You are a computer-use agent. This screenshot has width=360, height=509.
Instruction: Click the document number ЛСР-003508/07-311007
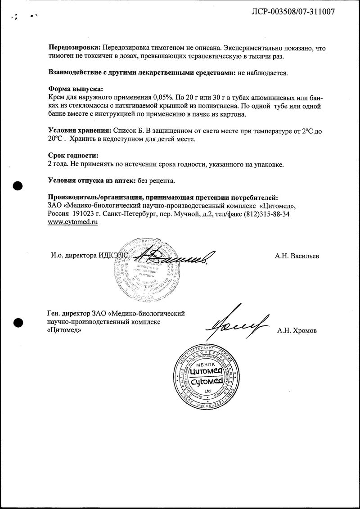coord(292,12)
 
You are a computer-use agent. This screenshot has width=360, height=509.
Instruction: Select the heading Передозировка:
coord(74,48)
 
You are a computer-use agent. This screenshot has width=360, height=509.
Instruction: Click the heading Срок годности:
coord(73,156)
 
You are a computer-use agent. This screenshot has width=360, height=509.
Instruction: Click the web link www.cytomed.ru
coord(72,222)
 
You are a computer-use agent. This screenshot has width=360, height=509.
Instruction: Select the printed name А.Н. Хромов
coord(297,331)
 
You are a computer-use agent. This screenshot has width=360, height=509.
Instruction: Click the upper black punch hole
coord(18,185)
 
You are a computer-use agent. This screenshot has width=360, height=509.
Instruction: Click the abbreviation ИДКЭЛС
coord(113,256)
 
